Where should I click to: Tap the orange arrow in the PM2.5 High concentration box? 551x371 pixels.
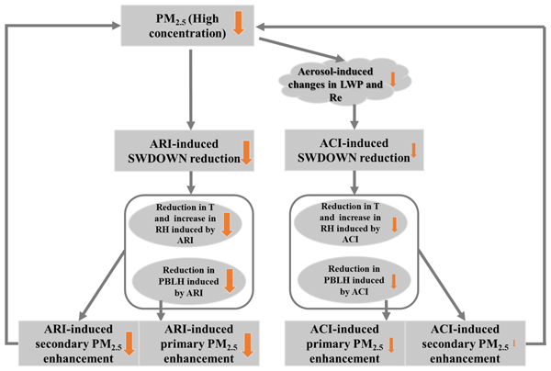239,22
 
